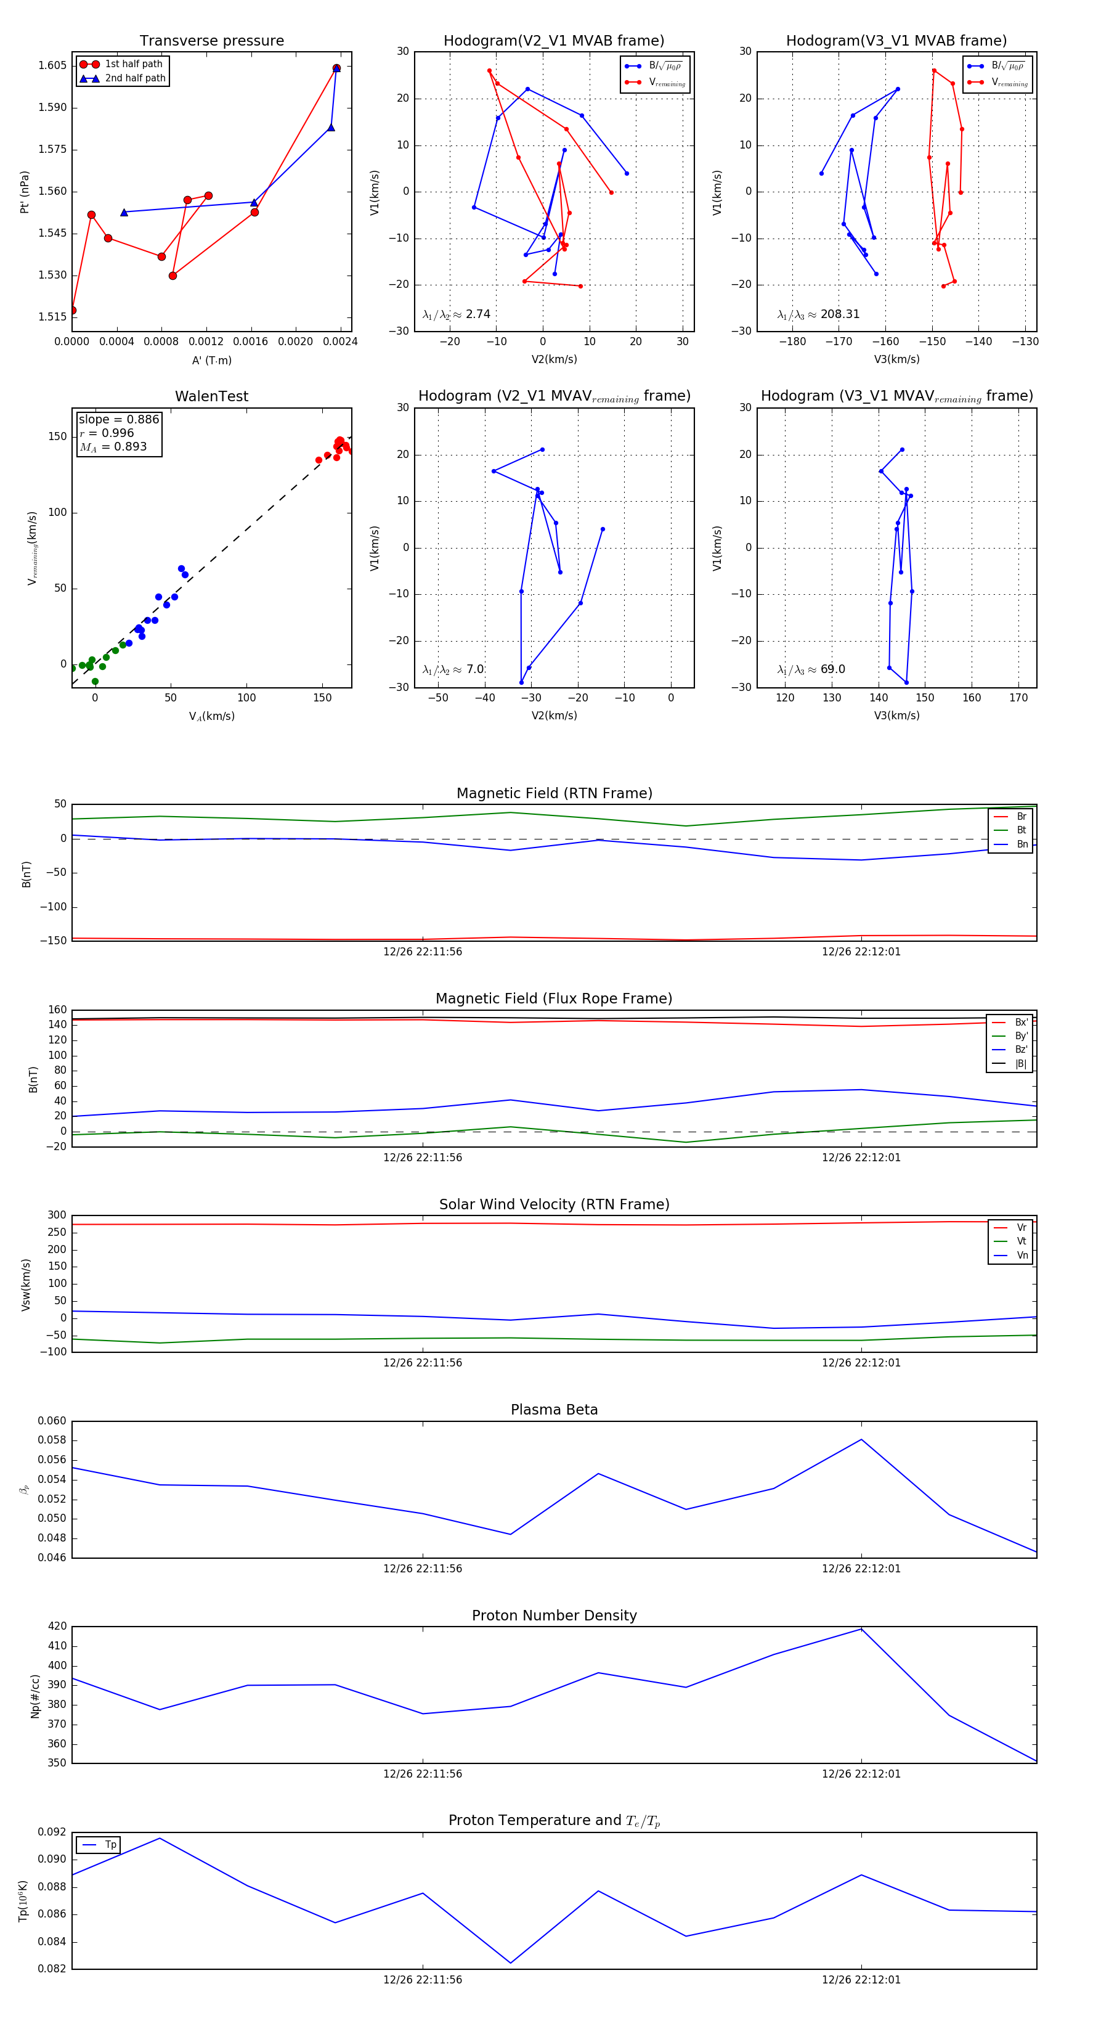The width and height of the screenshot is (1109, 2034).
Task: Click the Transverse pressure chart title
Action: (211, 41)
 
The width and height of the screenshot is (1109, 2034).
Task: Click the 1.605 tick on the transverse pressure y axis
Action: (52, 65)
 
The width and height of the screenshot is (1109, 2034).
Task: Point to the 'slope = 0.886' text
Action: (118, 419)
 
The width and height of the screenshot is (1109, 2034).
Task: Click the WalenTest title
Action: (211, 396)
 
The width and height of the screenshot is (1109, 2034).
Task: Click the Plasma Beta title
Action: (554, 1410)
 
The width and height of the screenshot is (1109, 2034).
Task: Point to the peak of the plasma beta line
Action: (861, 1439)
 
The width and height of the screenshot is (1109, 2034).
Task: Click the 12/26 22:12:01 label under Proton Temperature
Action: (861, 1980)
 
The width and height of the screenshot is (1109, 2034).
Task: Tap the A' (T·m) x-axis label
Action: (211, 360)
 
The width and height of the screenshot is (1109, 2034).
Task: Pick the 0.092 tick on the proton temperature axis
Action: (52, 1832)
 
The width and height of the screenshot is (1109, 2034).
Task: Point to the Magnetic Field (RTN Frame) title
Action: (554, 793)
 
